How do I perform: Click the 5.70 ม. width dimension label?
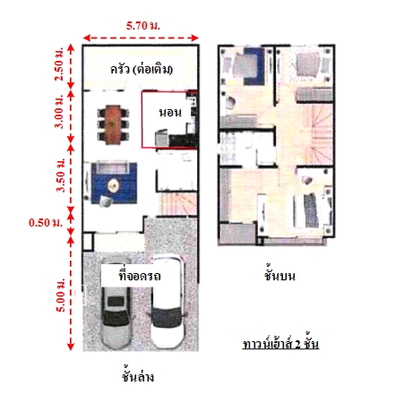pyautogui.click(x=143, y=25)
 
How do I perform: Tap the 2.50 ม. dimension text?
pyautogui.click(x=59, y=64)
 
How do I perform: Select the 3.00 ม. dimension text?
pyautogui.click(x=59, y=111)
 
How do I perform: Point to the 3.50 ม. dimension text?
pyautogui.click(x=60, y=175)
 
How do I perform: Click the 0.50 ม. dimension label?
pyautogui.click(x=46, y=222)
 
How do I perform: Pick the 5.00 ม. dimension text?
pyautogui.click(x=60, y=295)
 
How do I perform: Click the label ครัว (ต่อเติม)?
pyautogui.click(x=141, y=70)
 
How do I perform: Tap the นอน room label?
pyautogui.click(x=170, y=113)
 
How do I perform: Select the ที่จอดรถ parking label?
pyautogui.click(x=140, y=275)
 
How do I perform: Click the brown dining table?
pyautogui.click(x=113, y=124)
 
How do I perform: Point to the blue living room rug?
pyautogui.click(x=114, y=183)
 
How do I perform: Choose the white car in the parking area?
pyautogui.click(x=167, y=302)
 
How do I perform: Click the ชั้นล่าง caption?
pyautogui.click(x=138, y=376)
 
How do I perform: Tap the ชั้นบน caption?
pyautogui.click(x=279, y=275)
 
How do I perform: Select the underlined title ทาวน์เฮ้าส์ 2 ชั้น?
pyautogui.click(x=280, y=344)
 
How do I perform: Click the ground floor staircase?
pyautogui.click(x=177, y=203)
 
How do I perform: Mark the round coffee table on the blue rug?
pyautogui.click(x=114, y=185)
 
